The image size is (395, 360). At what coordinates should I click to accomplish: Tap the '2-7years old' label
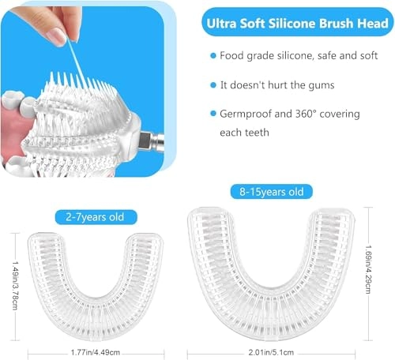pos(96,216)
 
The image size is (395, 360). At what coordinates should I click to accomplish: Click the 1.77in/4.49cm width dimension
pos(94,343)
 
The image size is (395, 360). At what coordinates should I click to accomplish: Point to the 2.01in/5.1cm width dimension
pos(278,343)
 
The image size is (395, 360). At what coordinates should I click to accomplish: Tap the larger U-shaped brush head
pos(276,261)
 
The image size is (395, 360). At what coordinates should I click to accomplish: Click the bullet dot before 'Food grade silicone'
pos(213,57)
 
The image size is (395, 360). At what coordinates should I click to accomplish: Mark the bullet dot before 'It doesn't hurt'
pos(213,85)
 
